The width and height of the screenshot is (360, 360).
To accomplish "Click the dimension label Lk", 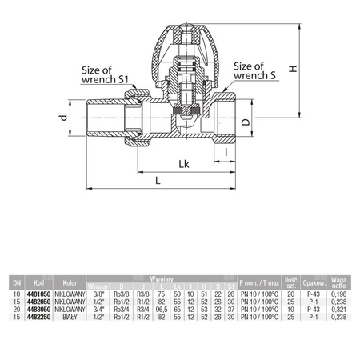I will coord(183,165).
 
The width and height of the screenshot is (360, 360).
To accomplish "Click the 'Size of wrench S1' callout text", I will coord(110,74).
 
